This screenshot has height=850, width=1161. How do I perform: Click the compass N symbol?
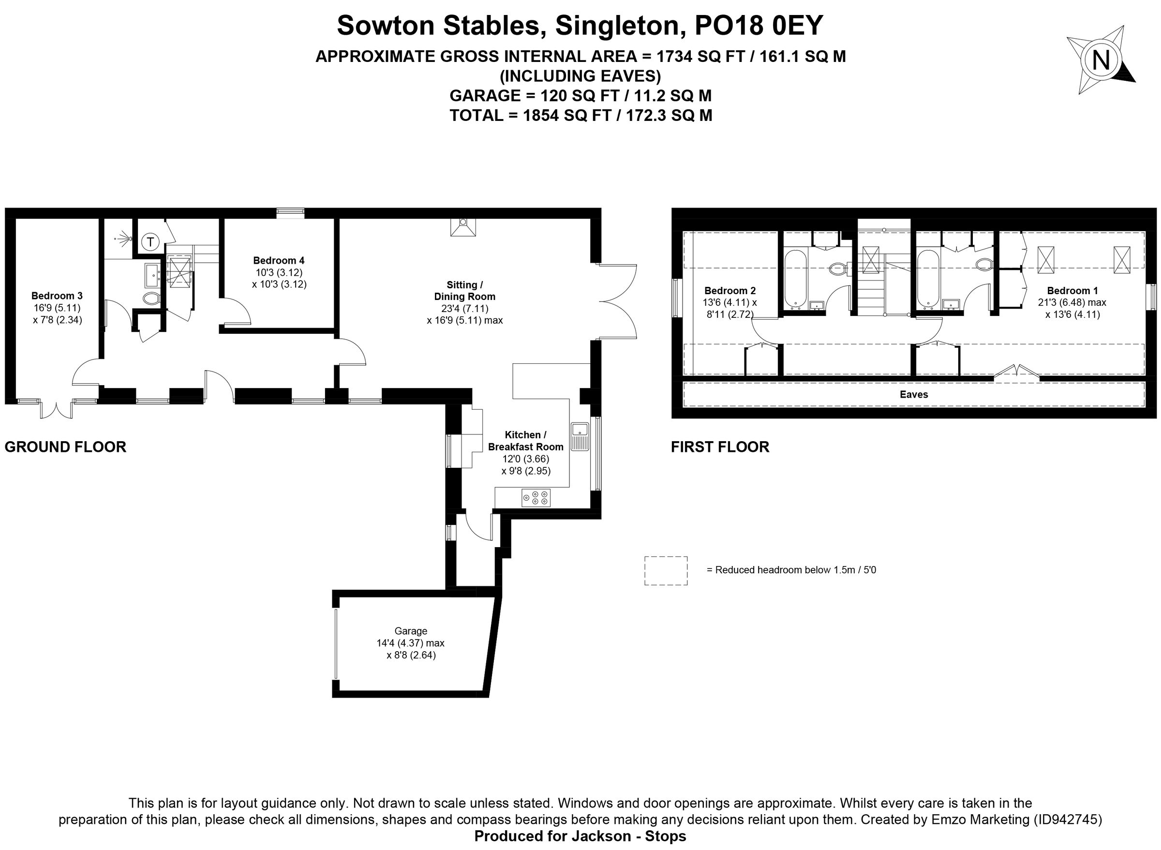[1101, 61]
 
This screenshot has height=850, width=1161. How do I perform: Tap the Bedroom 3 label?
[57, 296]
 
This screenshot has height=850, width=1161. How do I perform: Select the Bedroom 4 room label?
[278, 260]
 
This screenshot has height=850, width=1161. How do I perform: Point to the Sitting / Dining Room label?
[464, 291]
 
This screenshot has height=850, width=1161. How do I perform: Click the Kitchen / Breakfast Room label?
[525, 441]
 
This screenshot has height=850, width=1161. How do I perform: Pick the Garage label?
[411, 631]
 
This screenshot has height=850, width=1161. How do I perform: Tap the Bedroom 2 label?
[729, 291]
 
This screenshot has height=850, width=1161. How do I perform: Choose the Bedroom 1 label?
[1072, 291]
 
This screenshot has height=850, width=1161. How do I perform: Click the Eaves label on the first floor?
[914, 395]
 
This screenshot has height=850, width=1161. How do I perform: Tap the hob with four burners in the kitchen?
[536, 497]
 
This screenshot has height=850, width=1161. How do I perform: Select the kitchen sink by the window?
[580, 436]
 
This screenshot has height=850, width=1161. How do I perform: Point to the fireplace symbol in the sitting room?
[463, 227]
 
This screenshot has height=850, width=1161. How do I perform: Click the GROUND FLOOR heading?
[65, 447]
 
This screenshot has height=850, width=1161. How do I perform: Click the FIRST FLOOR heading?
[720, 447]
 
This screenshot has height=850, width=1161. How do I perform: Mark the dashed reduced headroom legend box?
[666, 570]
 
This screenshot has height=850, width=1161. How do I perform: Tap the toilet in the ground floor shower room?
[151, 298]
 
